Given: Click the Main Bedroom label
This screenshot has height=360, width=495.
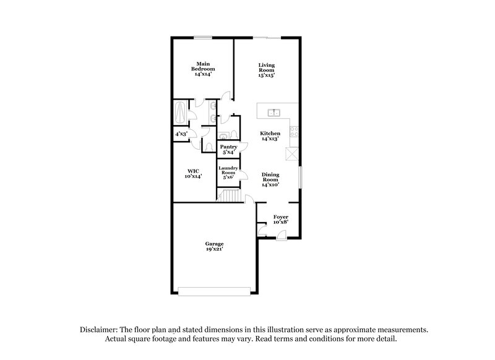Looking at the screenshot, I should [203, 68].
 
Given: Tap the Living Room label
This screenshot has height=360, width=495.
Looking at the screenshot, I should [267, 69].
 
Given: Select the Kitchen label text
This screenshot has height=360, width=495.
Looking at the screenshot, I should [270, 136].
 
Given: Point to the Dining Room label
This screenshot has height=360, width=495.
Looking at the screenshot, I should [270, 179].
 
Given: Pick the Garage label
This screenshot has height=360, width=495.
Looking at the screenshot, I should [215, 246].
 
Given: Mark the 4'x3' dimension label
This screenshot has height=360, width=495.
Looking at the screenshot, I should [181, 134].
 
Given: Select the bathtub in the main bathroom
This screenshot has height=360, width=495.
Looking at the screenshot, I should [181, 114].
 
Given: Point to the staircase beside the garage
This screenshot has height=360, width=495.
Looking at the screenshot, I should [231, 195].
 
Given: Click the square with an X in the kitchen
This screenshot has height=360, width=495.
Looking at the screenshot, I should [295, 154].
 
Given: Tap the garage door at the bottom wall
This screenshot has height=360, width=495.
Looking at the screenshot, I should [215, 289].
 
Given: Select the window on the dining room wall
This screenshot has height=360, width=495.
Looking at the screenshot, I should [301, 177].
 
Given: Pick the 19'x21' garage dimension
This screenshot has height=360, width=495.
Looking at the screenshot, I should [215, 250].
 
